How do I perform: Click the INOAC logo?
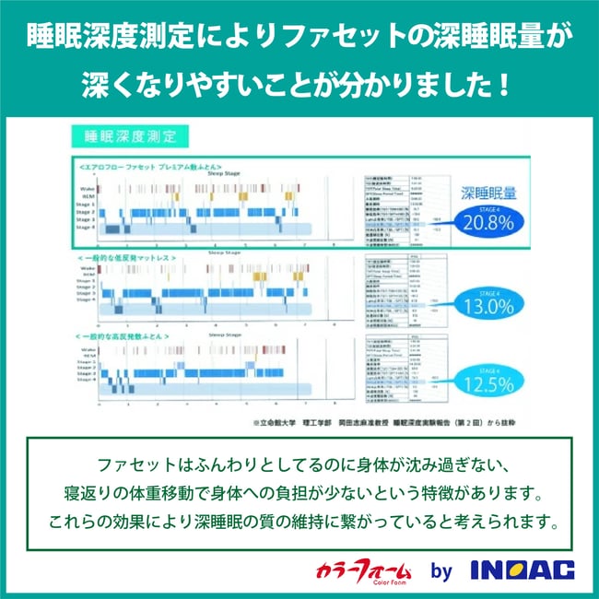coord(522,570)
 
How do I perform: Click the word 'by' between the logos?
coord(442,571)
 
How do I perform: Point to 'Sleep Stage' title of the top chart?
coord(226,172)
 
